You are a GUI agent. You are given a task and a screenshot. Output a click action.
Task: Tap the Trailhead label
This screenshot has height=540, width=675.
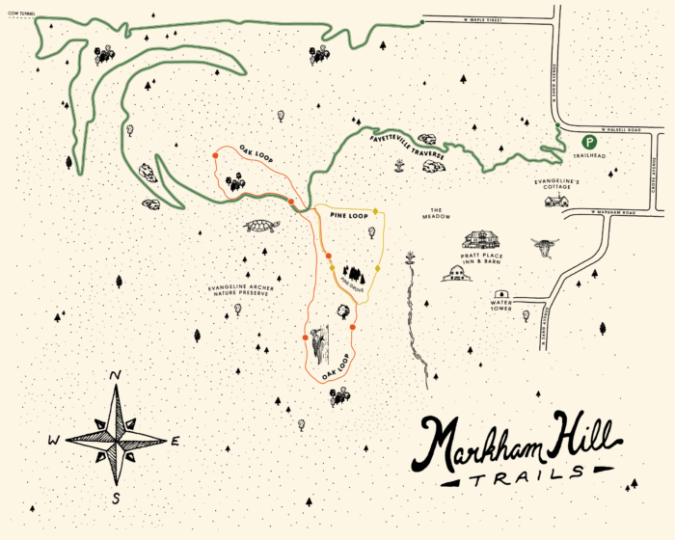(x=586, y=156)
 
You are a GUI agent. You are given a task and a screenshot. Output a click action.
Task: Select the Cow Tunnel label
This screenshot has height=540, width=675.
(x=18, y=13)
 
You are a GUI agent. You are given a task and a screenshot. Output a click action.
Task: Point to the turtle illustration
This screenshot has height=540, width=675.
(x=261, y=227)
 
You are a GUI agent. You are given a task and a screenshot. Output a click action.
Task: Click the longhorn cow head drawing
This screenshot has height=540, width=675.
(x=545, y=247)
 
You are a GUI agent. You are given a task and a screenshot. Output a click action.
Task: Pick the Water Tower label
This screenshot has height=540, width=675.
(x=499, y=308)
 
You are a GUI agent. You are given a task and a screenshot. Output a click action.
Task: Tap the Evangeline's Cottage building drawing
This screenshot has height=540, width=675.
(x=555, y=201)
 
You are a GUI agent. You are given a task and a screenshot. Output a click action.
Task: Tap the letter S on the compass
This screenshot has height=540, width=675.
(x=116, y=498)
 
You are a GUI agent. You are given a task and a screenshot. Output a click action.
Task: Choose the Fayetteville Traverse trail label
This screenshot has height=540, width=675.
(x=405, y=147)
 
